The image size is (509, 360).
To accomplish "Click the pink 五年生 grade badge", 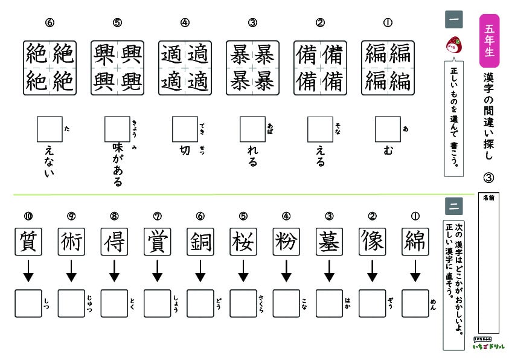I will pos(489,40).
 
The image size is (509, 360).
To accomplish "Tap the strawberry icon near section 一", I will pos(452,44).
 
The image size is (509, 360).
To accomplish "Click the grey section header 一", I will pos(453,19).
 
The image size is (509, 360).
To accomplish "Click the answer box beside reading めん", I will pos(414,303).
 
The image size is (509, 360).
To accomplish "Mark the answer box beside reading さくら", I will pos(243,303).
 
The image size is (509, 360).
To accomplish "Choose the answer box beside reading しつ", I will pos(28,303).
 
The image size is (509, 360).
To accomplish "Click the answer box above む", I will pos(388,129).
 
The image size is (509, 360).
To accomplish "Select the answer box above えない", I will pos(50,129).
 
